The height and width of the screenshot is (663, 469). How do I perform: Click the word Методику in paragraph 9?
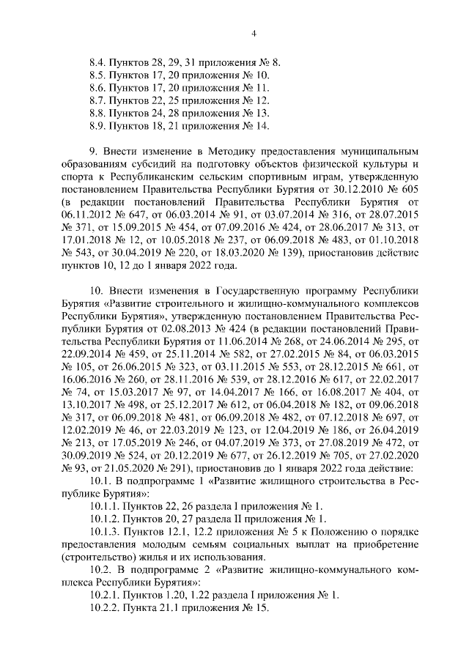(x=215, y=149)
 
